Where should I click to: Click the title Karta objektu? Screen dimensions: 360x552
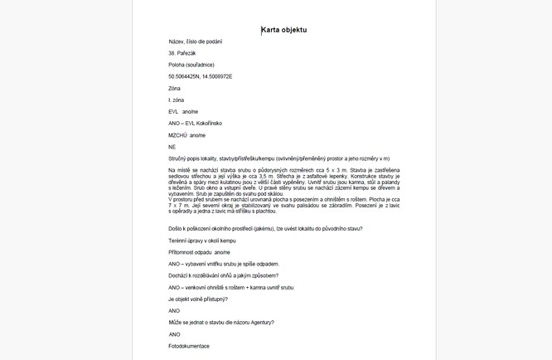(284, 30)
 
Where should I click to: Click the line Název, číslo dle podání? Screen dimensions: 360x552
(195, 41)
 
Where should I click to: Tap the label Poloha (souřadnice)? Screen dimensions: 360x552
(190, 65)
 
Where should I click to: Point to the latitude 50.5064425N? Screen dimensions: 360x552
(183, 76)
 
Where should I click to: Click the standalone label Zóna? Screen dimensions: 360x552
(174, 88)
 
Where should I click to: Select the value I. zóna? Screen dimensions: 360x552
(177, 100)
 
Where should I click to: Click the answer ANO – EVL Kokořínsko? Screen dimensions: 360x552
(196, 123)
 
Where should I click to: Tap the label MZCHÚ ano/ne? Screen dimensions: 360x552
(186, 134)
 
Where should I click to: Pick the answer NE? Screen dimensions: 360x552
(172, 146)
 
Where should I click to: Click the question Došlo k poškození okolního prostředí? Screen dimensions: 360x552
(264, 228)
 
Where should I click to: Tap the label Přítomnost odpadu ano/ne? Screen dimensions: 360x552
(198, 251)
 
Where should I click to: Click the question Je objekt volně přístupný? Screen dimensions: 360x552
(197, 299)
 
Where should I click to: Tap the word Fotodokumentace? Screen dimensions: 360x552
(189, 345)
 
